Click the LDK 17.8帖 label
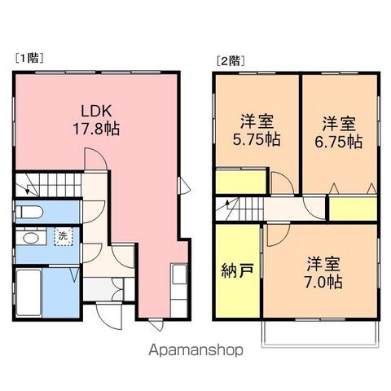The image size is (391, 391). [x=96, y=120]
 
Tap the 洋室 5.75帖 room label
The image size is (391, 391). [x=257, y=130]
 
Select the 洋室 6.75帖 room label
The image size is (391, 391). [x=339, y=133]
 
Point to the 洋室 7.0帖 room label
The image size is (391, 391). [x=323, y=272]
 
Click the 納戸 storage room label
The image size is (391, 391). [x=238, y=270]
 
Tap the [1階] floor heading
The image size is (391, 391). [x=29, y=58]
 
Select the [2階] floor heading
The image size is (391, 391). [x=231, y=61]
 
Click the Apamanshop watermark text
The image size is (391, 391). [x=195, y=349]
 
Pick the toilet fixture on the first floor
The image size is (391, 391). [x=29, y=212]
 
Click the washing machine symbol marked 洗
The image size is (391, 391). [x=63, y=236]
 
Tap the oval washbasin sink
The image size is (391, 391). [x=30, y=239]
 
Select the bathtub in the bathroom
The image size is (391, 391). [x=29, y=292]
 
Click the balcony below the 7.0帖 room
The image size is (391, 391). [x=320, y=334]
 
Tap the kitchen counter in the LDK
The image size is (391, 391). [x=179, y=290]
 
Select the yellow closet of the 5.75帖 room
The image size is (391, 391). [x=241, y=182]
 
